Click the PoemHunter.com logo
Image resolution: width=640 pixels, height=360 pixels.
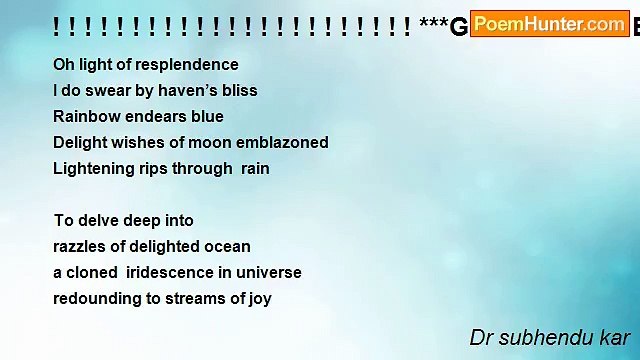coord(549,24)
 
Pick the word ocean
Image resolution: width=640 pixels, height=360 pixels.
coord(228,247)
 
